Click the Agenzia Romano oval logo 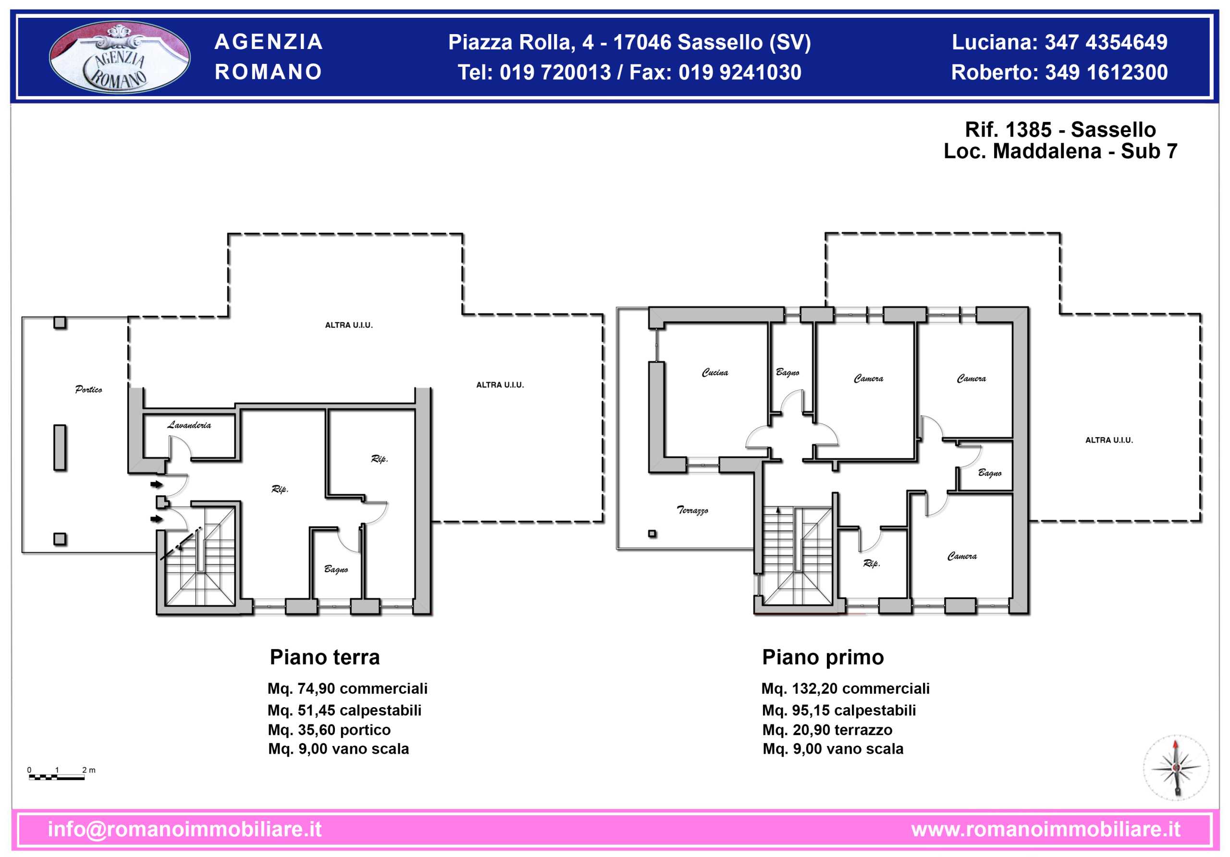coord(120,57)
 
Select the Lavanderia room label coord(189,425)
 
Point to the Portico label coord(88,390)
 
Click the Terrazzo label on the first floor coord(692,510)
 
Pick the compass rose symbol coord(1176,768)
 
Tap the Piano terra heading coord(325,657)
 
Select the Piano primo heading coord(823,657)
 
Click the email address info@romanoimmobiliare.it coord(185,829)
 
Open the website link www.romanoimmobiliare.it coord(1045,829)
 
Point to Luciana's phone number coord(1106,42)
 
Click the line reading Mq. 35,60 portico coord(330,730)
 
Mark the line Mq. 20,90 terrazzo coord(828,730)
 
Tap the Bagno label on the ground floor coord(336,569)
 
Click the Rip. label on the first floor coord(872,563)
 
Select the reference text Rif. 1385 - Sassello coord(1060,130)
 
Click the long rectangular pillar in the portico coord(60,448)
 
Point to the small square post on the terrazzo coord(652,534)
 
